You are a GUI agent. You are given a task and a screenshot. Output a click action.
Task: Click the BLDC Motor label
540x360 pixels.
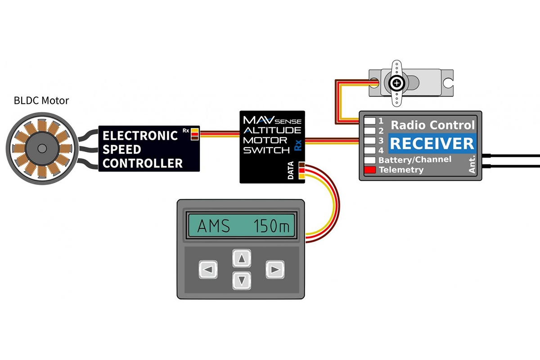[x=41, y=100]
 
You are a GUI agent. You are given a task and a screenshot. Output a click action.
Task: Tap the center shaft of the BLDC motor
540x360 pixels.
[x=41, y=148]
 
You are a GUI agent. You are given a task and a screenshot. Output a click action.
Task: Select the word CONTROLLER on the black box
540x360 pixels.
[x=143, y=163]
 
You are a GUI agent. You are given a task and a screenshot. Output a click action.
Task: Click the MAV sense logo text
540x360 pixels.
[x=272, y=121]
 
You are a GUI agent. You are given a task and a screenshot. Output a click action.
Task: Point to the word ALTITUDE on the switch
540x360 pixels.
[x=272, y=130]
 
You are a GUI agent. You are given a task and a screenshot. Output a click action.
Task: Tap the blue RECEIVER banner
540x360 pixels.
[x=432, y=144]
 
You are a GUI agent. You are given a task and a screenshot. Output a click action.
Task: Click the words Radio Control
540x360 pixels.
[x=432, y=125]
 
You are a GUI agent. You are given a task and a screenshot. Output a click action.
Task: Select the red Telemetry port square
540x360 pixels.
[x=370, y=170]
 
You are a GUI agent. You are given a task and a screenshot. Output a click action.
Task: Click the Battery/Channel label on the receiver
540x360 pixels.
[x=414, y=160]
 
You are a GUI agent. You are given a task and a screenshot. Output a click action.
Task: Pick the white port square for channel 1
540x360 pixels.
[x=370, y=121]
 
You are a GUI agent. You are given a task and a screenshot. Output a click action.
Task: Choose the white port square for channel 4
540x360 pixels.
[x=370, y=150]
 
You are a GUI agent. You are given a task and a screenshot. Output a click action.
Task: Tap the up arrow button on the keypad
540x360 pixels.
[x=243, y=259]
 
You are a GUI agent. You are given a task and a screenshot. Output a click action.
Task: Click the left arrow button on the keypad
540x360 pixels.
[x=208, y=270]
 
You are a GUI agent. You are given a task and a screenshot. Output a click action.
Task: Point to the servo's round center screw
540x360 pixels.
[x=396, y=83]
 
